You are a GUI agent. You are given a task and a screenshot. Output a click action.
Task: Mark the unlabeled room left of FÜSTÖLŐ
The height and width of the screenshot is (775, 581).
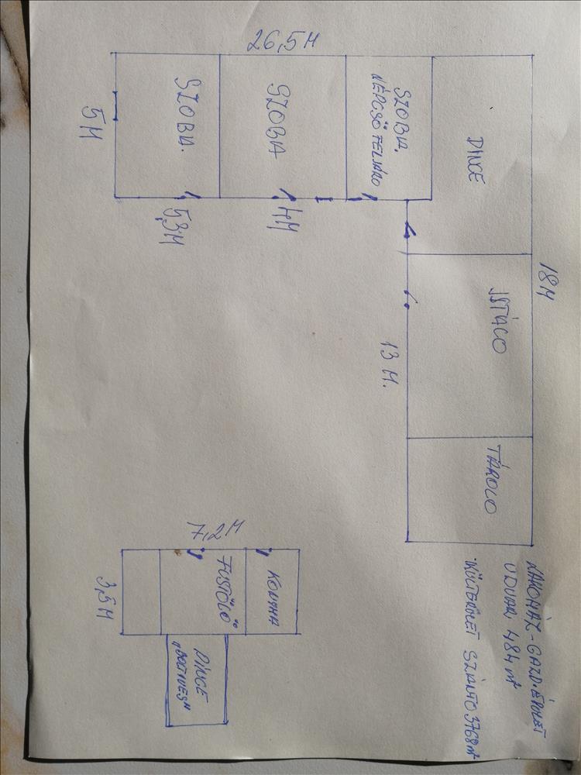(x=141, y=591)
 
